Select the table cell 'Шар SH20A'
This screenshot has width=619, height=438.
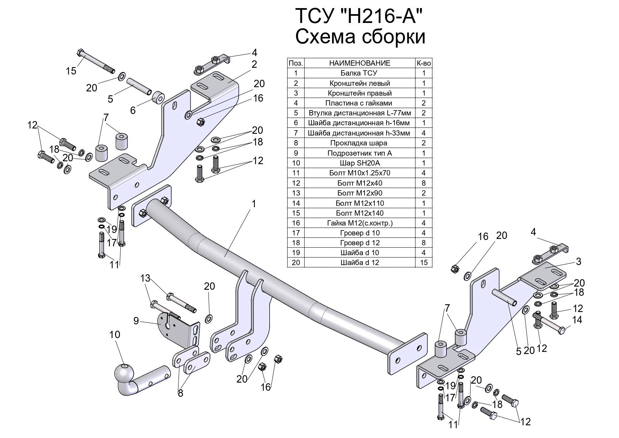pos(360,163)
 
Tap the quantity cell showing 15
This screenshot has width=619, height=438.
pos(423,263)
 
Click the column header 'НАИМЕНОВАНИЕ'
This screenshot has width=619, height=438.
pos(360,64)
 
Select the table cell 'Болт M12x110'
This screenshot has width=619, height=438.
pos(360,203)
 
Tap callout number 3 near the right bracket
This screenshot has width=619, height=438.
pos(578,262)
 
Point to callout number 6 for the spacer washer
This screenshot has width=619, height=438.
pos(133,110)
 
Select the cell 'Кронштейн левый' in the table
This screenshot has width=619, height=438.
pos(360,84)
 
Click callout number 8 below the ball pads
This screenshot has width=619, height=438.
pos(180,393)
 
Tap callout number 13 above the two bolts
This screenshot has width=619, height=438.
pos(145,278)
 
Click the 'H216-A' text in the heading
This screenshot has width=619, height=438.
pos(381,17)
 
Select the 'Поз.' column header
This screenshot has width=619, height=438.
pos(296,64)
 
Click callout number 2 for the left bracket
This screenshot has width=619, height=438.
pos(254,65)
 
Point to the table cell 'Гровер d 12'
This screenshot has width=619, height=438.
pos(360,243)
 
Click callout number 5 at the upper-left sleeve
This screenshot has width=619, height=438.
pos(110,99)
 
